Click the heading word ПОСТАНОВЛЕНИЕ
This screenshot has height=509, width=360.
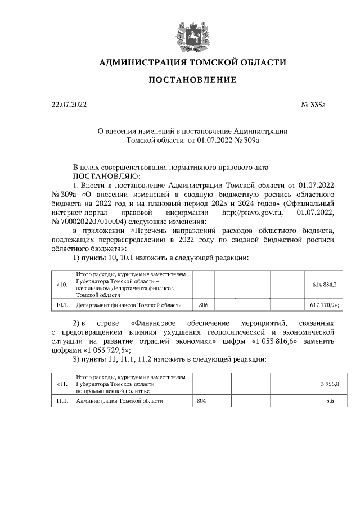tap(192, 80)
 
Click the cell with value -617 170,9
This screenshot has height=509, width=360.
tap(323, 305)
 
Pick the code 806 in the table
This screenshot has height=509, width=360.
tap(204, 305)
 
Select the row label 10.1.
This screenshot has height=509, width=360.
tap(62, 305)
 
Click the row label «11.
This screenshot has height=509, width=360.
tap(62, 384)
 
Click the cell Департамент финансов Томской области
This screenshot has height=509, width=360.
tap(129, 305)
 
